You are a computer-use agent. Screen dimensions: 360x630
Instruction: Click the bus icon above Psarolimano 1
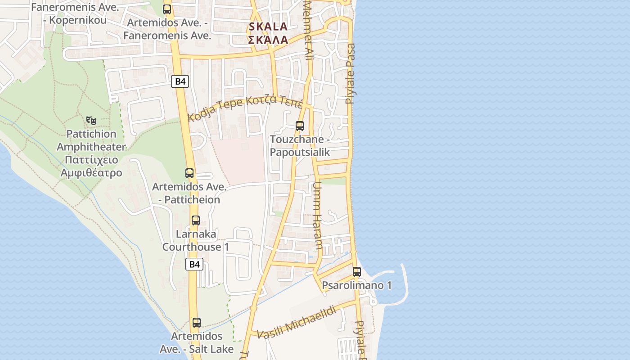click(x=357, y=271)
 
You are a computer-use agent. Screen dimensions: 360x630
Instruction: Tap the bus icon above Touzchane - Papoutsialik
click(x=300, y=126)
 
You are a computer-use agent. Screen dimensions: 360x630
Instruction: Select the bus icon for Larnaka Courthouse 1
click(x=195, y=220)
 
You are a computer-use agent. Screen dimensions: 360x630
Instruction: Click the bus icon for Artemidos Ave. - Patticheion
click(x=189, y=173)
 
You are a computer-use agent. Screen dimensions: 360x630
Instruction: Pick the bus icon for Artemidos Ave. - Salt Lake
click(x=196, y=323)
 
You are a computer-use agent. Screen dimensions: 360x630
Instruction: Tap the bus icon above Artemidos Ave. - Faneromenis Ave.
click(x=167, y=9)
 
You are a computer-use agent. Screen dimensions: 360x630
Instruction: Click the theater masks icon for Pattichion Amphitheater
click(x=91, y=120)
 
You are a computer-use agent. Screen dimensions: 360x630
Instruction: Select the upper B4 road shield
click(x=180, y=81)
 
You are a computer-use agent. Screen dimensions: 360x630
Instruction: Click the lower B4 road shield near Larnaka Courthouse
click(x=194, y=264)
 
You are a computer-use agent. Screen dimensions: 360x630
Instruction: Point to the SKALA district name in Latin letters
click(x=268, y=27)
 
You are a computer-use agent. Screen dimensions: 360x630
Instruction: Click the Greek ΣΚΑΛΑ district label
click(x=268, y=40)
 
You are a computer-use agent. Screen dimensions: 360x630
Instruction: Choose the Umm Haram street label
click(x=318, y=216)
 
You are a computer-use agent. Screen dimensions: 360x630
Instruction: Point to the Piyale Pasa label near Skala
click(x=350, y=73)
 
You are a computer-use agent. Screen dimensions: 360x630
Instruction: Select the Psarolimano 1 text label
click(x=357, y=285)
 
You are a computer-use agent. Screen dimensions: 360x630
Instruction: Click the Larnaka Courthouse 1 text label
click(x=196, y=240)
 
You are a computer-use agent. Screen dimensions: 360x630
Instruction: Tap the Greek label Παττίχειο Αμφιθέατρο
click(x=91, y=166)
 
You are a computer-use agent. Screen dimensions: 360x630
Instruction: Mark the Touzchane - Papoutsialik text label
click(x=300, y=146)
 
